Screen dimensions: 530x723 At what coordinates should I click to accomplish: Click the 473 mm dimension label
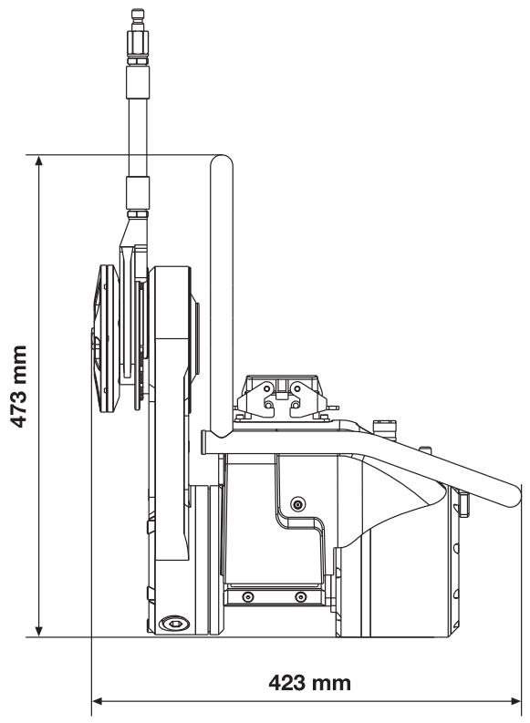click(x=19, y=386)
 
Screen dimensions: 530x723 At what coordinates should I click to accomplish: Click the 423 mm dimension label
click(x=309, y=682)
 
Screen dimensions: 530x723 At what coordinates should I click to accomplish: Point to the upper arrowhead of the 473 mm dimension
click(x=38, y=160)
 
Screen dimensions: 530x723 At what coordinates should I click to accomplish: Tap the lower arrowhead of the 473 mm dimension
click(x=38, y=632)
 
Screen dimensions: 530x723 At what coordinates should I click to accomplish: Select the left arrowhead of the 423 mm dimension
click(x=98, y=701)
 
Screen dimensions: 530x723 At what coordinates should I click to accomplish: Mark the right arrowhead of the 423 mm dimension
click(x=515, y=701)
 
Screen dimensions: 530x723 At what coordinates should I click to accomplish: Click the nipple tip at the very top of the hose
click(x=137, y=14)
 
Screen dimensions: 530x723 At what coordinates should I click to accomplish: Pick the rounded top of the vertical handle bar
click(x=222, y=161)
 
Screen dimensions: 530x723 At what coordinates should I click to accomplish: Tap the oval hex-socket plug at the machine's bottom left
click(x=174, y=624)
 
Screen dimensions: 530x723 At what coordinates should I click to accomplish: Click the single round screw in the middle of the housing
click(x=298, y=504)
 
